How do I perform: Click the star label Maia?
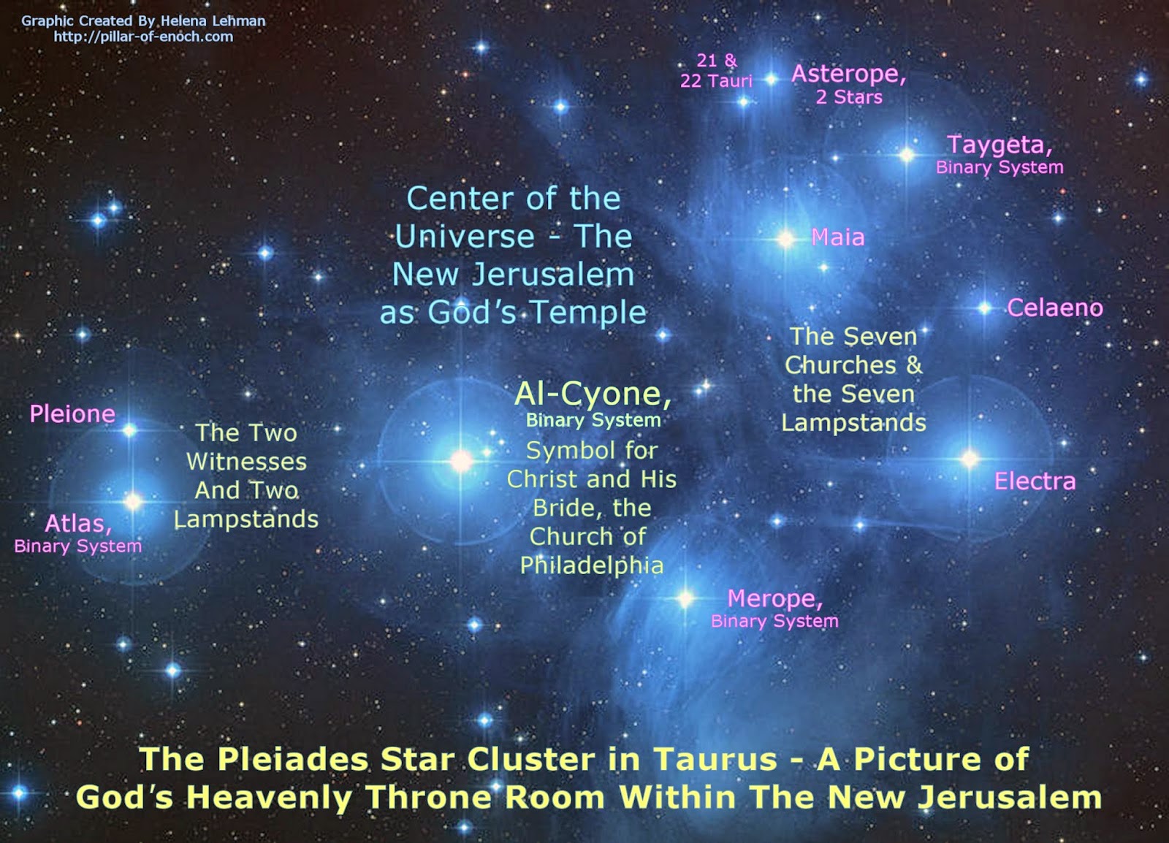[837, 238]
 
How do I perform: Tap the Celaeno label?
[1055, 308]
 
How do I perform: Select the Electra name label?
[1035, 481]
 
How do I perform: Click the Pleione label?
[72, 414]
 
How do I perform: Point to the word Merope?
[774, 599]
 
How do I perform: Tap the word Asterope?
[848, 74]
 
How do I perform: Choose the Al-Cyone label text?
[593, 394]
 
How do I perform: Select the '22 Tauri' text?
[716, 81]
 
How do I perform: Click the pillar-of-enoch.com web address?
[143, 37]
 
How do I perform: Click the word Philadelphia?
[592, 566]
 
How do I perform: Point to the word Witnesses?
[246, 462]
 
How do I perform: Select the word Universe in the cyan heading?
[465, 237]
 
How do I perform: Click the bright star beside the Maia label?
[786, 240]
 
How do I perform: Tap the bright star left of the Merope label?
[685, 599]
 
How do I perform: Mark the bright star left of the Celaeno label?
[984, 309]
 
